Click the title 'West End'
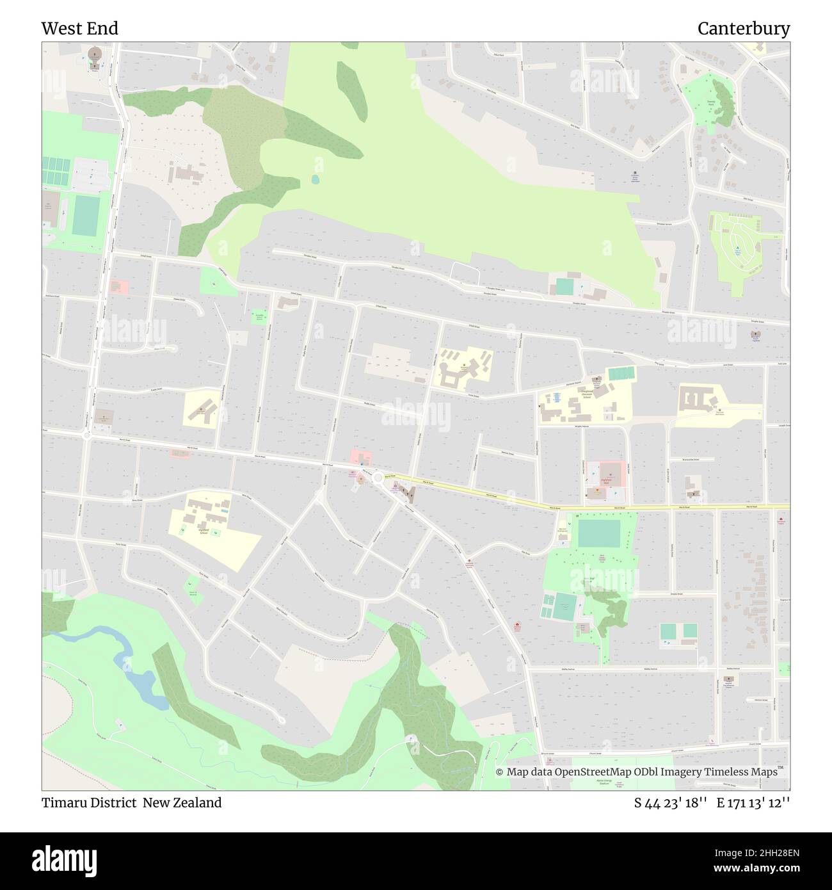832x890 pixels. click(79, 29)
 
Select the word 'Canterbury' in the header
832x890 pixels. click(743, 29)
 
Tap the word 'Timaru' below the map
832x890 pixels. click(63, 802)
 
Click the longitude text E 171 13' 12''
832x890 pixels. click(754, 803)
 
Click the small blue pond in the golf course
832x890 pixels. click(315, 179)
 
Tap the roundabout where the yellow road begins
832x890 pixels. click(378, 477)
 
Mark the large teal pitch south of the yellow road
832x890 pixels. click(598, 533)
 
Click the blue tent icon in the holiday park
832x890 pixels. click(737, 248)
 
